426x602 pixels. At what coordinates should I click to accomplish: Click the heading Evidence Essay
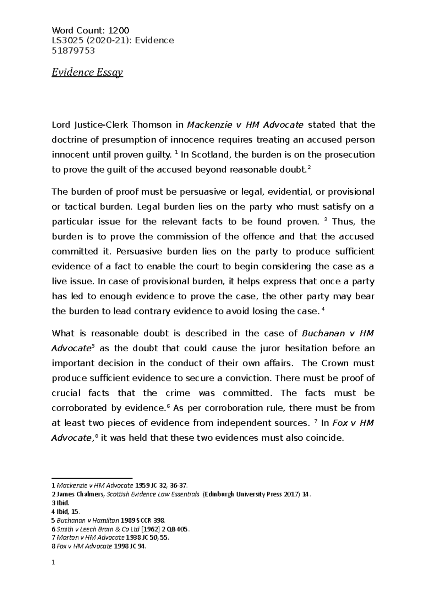pos(87,73)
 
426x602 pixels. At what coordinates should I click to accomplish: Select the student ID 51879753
pos(73,50)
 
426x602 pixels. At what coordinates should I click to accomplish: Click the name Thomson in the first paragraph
pos(148,125)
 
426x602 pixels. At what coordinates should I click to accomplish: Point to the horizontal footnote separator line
pos(92,478)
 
